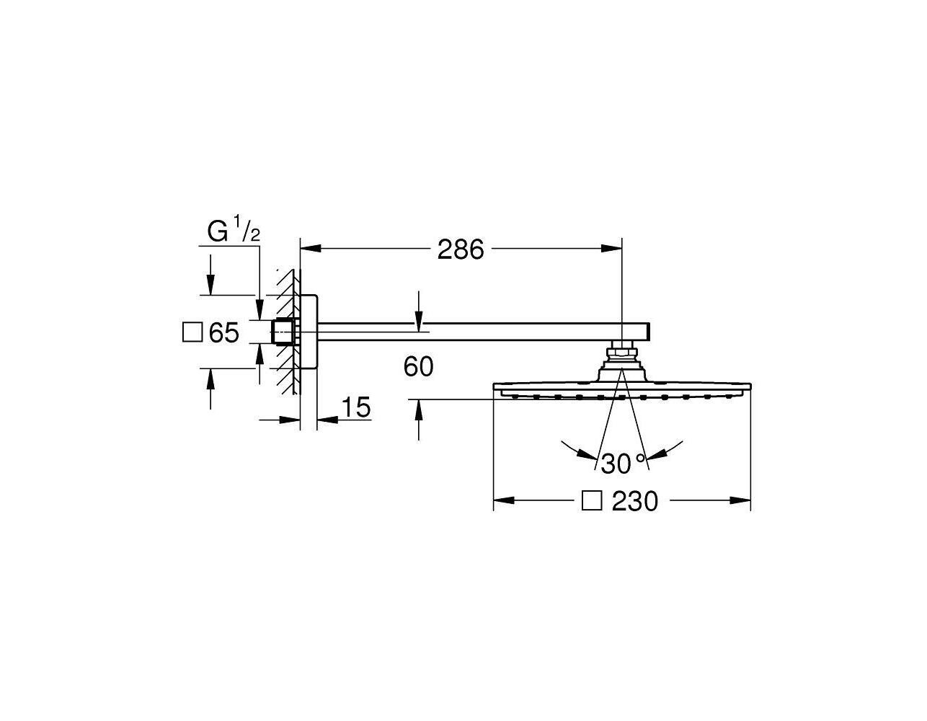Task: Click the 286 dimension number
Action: pos(461,249)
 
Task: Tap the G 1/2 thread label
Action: pos(234,231)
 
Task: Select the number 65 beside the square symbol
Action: pos(223,332)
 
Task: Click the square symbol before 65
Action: pos(192,332)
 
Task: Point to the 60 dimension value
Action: pos(418,366)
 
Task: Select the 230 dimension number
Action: pos(635,501)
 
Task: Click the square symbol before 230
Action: pos(592,500)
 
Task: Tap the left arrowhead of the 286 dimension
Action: pos(311,248)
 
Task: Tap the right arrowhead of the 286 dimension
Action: pos(612,248)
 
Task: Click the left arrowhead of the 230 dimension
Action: pos(504,500)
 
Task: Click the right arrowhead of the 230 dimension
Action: pos(740,500)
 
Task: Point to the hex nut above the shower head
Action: pos(622,353)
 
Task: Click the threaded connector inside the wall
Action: pos(283,331)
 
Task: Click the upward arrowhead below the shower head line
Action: pos(419,410)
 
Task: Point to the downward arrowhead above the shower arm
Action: pos(419,322)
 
